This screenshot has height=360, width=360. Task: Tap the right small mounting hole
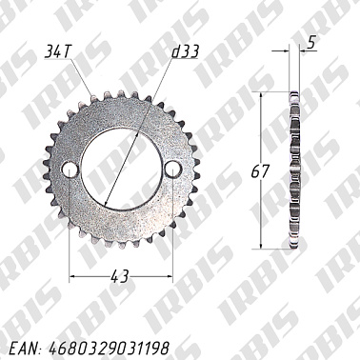171,170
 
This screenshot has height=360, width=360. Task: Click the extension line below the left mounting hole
69,229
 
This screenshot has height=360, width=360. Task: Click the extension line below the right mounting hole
171,229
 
